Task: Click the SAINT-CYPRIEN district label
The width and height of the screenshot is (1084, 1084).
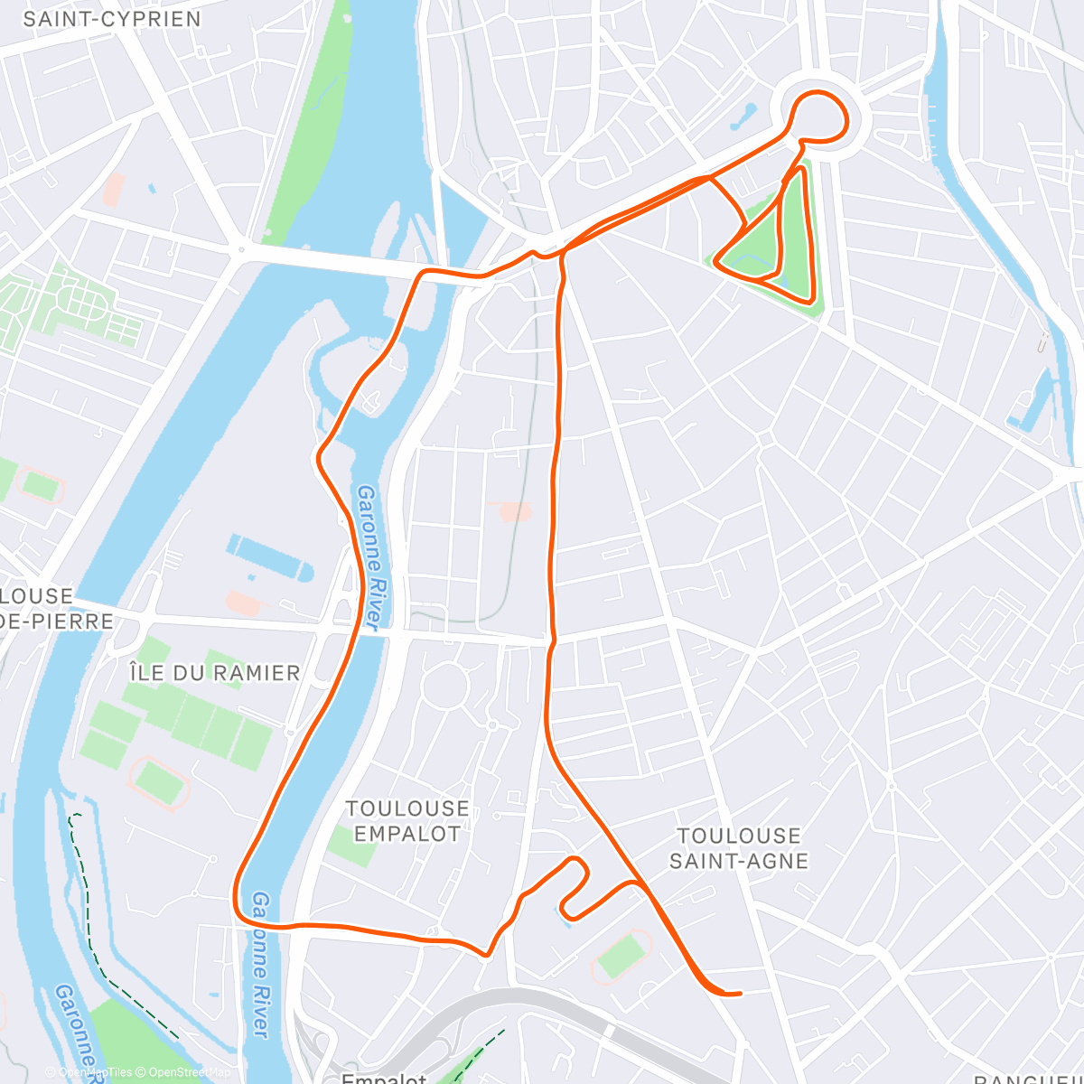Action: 112,19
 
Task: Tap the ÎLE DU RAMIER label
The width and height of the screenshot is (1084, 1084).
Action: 215,673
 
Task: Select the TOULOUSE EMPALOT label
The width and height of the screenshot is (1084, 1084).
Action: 407,821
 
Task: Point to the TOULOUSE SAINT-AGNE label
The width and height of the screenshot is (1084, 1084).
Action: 739,848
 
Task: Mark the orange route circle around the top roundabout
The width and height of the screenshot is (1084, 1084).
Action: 819,116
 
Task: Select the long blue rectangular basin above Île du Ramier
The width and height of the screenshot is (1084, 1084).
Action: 270,556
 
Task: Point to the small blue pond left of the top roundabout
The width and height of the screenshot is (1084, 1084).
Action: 746,115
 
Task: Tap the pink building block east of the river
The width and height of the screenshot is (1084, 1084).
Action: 514,511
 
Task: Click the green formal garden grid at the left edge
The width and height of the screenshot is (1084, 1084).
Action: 63,303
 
